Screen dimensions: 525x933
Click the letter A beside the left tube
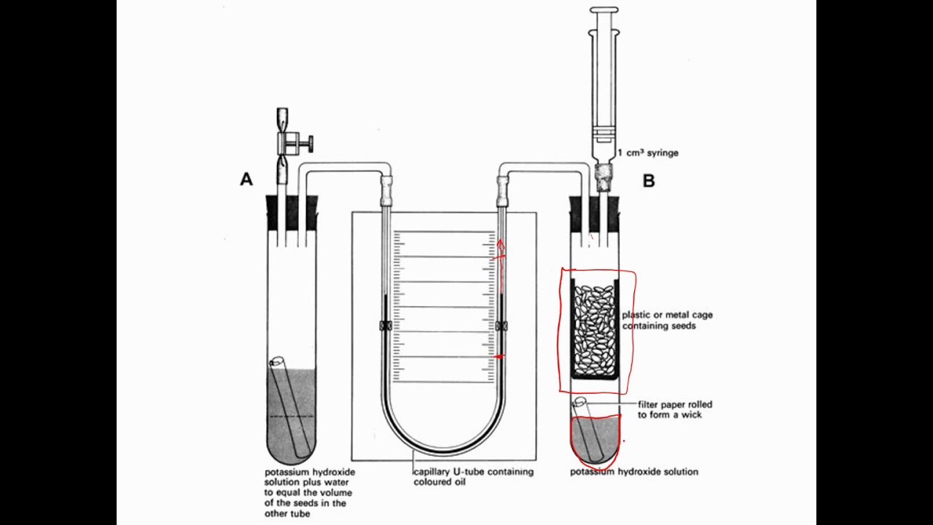[x=246, y=179]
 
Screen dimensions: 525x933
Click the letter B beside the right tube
[x=649, y=181]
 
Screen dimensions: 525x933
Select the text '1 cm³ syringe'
[x=647, y=153]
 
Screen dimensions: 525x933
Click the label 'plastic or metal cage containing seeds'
[x=667, y=320]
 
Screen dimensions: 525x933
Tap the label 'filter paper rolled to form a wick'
[x=675, y=409]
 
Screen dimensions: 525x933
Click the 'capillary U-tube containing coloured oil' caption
[x=473, y=476]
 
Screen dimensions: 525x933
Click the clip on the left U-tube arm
[x=386, y=326]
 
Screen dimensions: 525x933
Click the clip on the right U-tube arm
[x=501, y=326]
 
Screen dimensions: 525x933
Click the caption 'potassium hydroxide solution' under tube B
[x=633, y=472]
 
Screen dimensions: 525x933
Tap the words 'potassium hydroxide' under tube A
[x=310, y=472]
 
